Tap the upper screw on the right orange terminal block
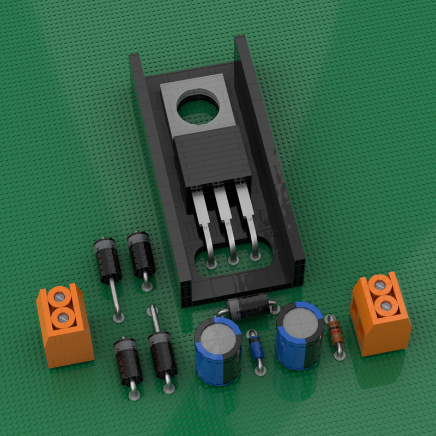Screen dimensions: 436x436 coord(380,285)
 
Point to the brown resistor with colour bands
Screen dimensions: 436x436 coord(335,331)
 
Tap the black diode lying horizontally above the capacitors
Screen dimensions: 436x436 coord(246,308)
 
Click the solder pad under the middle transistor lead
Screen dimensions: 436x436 coord(233,262)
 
